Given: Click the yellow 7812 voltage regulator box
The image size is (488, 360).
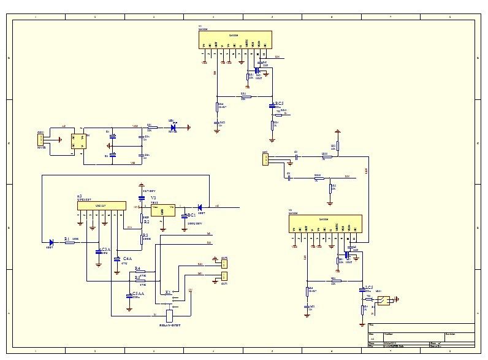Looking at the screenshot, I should point(162,210).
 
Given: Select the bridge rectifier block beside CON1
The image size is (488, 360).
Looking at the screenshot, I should point(78,140).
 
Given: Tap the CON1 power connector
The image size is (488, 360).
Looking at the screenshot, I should point(42,140).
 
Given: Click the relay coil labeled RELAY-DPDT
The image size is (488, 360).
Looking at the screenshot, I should point(170,315).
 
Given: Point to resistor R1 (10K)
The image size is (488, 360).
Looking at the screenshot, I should point(69,242).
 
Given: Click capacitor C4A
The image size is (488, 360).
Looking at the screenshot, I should point(117,259).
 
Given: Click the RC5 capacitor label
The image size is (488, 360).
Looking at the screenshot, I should point(279,104).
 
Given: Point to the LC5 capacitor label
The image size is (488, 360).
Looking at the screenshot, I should point(368,287).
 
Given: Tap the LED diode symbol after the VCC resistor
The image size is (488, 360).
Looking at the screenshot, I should point(173,128).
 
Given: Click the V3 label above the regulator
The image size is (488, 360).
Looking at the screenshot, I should point(153,198).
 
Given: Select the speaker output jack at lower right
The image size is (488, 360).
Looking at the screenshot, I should point(384,301).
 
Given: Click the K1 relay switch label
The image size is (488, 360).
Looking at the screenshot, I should point(168,293).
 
